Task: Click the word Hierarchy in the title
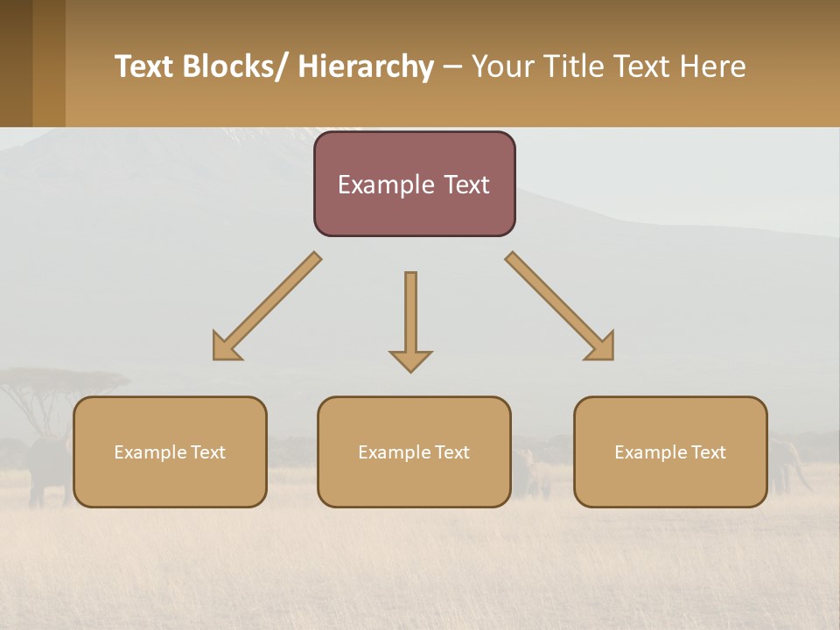(366, 67)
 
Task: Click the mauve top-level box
(415, 210)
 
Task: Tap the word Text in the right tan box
(709, 452)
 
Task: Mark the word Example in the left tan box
(150, 452)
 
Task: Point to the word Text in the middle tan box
(452, 452)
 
